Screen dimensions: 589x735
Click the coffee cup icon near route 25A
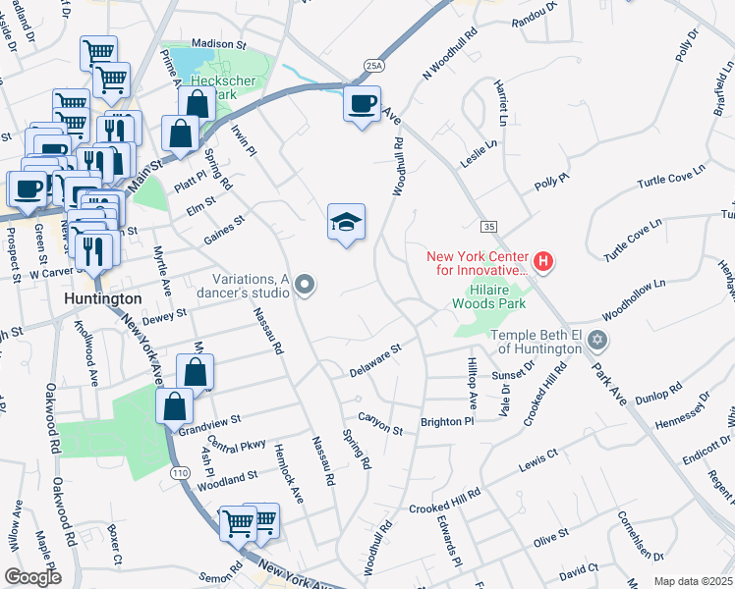pos(362,104)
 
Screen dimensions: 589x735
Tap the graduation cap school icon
pos(346,224)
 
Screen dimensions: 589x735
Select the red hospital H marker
pos(544,262)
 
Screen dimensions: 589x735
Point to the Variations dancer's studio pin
pos(305,286)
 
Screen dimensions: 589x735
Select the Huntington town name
pos(102,297)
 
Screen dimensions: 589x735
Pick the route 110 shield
pos(179,473)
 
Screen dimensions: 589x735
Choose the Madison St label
pos(218,45)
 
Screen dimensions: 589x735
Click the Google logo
pos(33,577)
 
